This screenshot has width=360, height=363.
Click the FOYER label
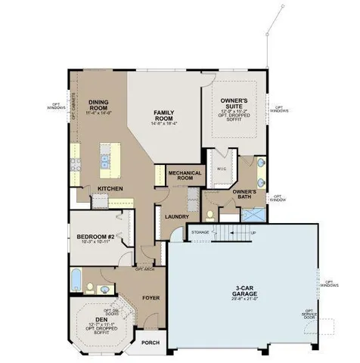tap(151, 298)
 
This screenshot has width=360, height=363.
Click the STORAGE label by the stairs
tap(200, 232)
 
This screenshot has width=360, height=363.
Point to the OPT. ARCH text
tap(144, 268)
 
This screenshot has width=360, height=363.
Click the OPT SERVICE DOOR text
tap(309, 314)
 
